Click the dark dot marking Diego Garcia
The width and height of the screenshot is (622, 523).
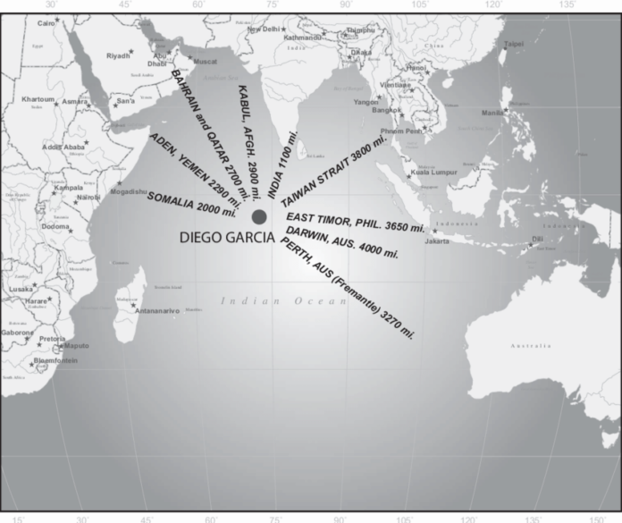click(x=259, y=217)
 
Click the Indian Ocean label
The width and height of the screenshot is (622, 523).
click(x=284, y=302)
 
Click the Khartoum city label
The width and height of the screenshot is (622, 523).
click(x=38, y=99)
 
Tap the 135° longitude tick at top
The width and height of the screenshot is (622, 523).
click(x=565, y=4)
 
